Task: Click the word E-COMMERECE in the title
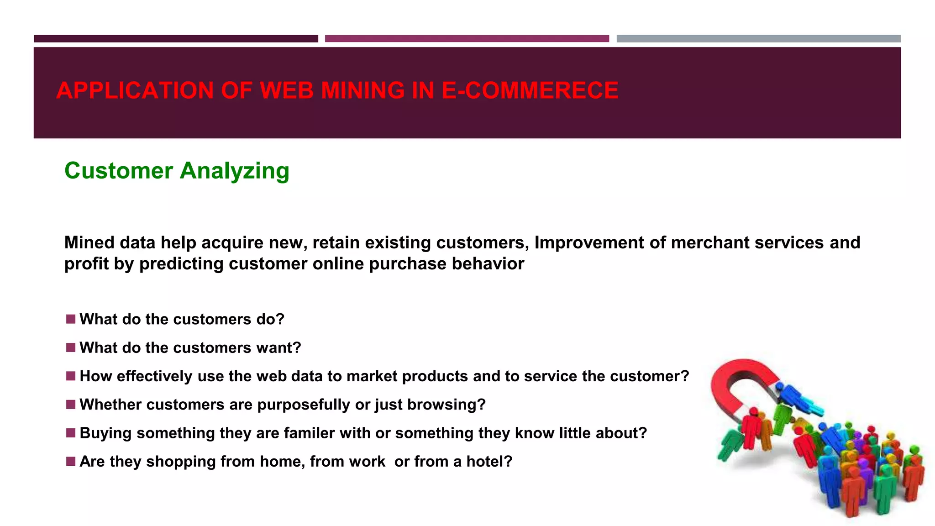tap(530, 90)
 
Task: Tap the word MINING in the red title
tap(362, 90)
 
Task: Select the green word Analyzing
tap(235, 171)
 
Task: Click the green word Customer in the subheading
tap(119, 171)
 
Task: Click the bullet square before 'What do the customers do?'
tap(70, 319)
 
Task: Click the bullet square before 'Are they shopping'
tap(70, 461)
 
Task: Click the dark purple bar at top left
tap(176, 39)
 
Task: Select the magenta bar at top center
tap(467, 39)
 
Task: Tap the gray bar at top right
tap(758, 39)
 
